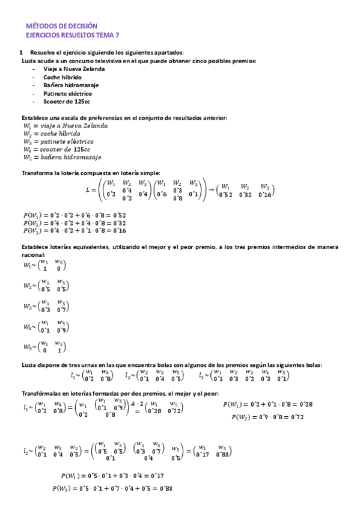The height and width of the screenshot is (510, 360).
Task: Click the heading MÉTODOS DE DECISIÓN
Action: [61, 26]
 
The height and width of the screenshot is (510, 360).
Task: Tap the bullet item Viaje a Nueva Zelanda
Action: [74, 69]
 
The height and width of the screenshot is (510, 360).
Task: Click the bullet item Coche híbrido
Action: [63, 77]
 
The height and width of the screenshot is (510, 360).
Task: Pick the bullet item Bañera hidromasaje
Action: [71, 85]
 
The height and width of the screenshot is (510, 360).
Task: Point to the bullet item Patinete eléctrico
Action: [67, 94]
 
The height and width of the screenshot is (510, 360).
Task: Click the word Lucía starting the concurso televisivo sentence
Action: [29, 61]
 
